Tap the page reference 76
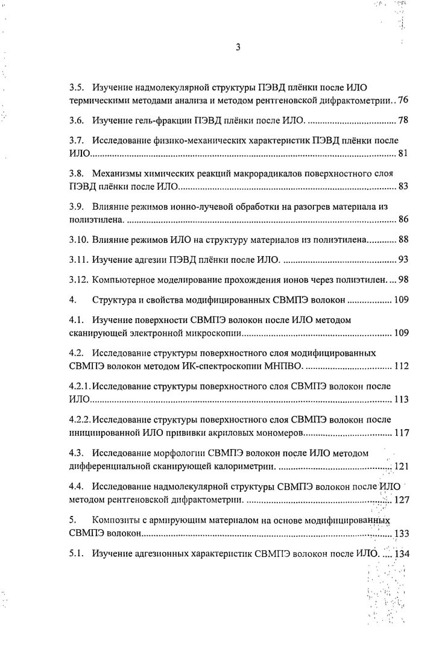point(403,100)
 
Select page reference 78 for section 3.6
point(403,121)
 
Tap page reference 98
point(403,281)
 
